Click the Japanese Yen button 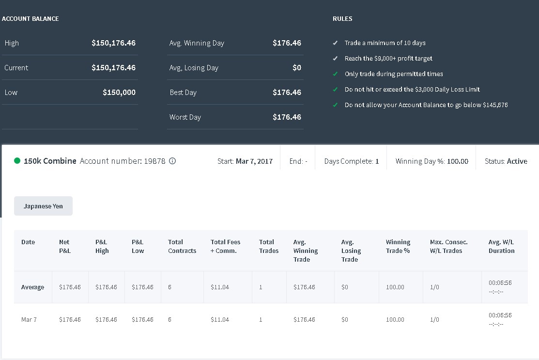[43, 206]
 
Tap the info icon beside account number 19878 [172, 161]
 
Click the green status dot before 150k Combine [17, 160]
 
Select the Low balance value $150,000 [119, 92]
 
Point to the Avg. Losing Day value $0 [297, 67]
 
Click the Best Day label [183, 93]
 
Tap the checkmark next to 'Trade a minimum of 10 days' [335, 43]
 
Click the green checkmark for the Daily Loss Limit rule [335, 90]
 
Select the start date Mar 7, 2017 [254, 161]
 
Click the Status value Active [517, 161]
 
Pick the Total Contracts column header [182, 246]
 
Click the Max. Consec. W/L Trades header [448, 246]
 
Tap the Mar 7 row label [29, 319]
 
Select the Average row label [32, 287]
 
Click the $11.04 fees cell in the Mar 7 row [220, 319]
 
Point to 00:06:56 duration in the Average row [500, 282]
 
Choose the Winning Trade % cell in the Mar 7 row [395, 319]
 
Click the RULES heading [342, 18]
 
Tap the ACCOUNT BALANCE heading [30, 18]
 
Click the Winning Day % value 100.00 [458, 161]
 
